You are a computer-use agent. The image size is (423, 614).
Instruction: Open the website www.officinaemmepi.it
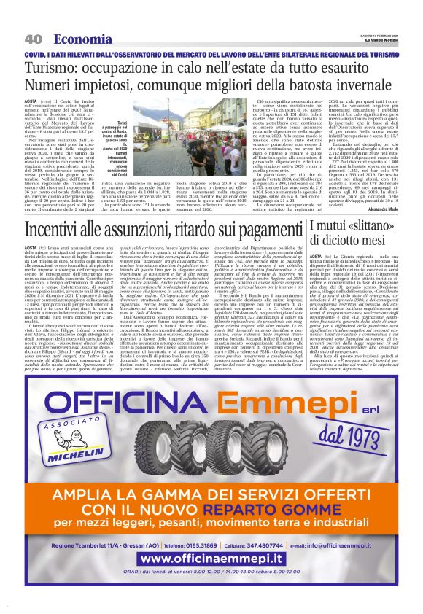tap(211, 560)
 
